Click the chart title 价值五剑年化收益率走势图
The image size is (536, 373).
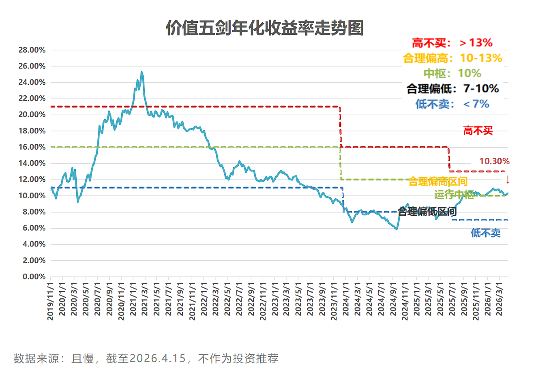(x=264, y=28)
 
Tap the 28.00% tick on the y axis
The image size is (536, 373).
(x=32, y=50)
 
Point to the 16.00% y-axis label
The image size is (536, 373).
(x=32, y=147)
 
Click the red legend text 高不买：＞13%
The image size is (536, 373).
(x=452, y=43)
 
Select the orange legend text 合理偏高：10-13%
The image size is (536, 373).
(x=452, y=58)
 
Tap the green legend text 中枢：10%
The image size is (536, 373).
(x=452, y=73)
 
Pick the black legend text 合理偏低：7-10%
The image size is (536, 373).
(x=452, y=89)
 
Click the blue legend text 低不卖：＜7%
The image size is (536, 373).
(x=452, y=104)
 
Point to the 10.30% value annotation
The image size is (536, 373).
(x=494, y=161)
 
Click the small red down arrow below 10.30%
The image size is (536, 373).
(x=507, y=180)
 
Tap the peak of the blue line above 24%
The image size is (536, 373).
(x=142, y=73)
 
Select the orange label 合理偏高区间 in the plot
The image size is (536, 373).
(x=438, y=181)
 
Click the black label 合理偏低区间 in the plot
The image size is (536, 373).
(x=427, y=211)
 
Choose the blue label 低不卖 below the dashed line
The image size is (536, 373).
(x=485, y=233)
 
